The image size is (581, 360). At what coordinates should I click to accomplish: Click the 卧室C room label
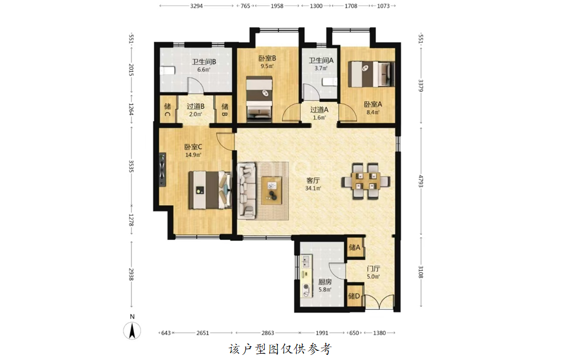(x=193, y=147)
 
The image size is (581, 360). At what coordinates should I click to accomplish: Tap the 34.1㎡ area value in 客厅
(x=313, y=188)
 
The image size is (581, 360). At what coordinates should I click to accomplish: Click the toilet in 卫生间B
(x=168, y=70)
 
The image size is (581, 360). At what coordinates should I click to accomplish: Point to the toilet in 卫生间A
(x=329, y=82)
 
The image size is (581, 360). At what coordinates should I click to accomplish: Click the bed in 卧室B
(x=260, y=99)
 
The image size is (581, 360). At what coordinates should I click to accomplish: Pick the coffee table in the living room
(x=272, y=190)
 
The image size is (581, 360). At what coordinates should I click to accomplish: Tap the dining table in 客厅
(x=365, y=181)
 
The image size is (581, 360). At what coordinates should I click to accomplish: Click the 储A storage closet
(x=355, y=247)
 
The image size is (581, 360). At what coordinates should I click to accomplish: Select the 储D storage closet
(x=355, y=296)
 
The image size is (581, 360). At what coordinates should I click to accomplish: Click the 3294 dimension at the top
(x=196, y=6)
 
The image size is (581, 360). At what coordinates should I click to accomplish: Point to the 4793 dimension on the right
(x=420, y=181)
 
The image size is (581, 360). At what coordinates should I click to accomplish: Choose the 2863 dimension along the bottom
(x=267, y=333)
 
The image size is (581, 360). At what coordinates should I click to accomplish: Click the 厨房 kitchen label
(x=325, y=282)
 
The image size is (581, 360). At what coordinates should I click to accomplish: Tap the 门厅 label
(x=373, y=269)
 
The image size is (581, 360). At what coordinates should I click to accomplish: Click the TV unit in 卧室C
(x=162, y=170)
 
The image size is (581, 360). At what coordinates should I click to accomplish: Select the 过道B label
(x=196, y=107)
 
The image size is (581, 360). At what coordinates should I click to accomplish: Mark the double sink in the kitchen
(x=306, y=262)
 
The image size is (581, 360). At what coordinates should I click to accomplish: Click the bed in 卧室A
(x=371, y=74)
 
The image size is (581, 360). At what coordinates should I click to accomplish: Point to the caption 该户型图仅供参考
(x=280, y=349)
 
